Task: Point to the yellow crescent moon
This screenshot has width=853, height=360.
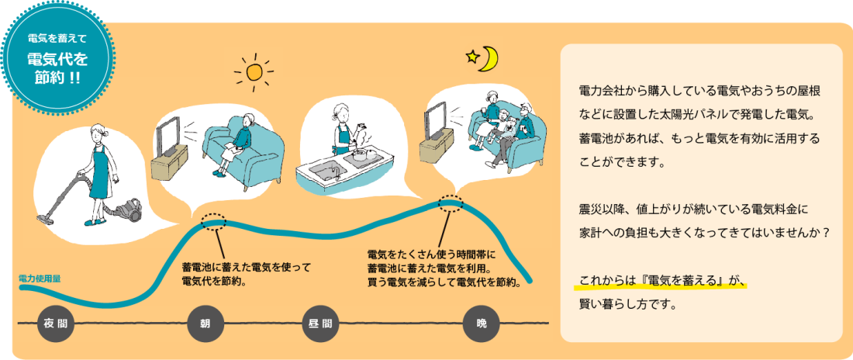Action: point(489,60)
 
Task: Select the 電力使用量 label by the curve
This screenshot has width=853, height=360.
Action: point(40,279)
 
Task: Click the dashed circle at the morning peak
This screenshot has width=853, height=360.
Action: point(214,221)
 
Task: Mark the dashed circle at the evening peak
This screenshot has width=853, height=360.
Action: point(451,203)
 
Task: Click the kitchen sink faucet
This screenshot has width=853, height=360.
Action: point(336,172)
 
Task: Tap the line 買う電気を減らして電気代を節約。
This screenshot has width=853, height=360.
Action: point(444,282)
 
